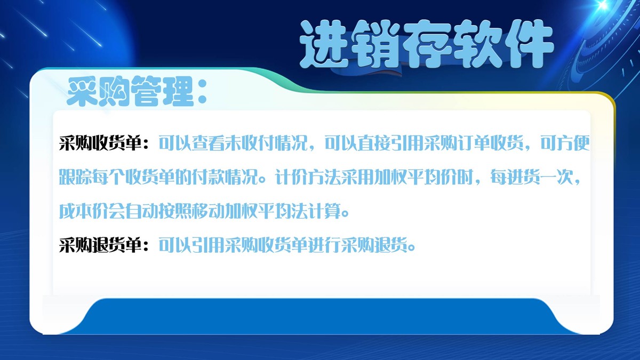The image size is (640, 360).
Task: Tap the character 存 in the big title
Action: (425, 44)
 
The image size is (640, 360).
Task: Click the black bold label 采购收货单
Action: (100, 144)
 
